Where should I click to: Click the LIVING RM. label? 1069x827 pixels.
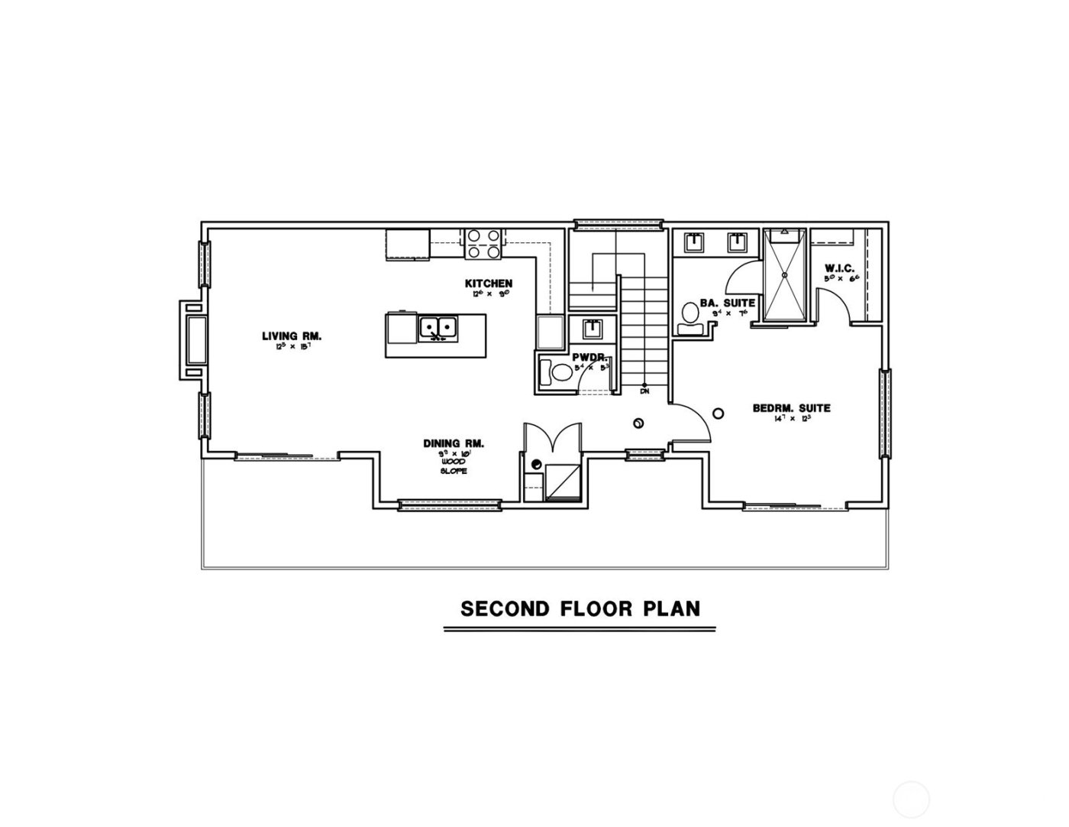click(291, 336)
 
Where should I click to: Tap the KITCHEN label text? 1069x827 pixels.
click(489, 284)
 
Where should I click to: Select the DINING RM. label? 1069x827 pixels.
click(454, 443)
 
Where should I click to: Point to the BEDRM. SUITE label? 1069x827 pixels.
click(791, 408)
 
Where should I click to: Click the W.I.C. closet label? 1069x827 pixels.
click(841, 268)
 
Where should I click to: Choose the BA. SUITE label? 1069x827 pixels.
click(727, 303)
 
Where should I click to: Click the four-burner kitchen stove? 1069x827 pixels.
click(483, 243)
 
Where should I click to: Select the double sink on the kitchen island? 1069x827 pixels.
click(438, 328)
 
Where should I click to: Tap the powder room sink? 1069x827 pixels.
click(593, 329)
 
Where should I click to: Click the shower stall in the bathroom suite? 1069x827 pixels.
click(785, 275)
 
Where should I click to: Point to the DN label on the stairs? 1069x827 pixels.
click(644, 391)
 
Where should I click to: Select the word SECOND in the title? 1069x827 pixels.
click(505, 608)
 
